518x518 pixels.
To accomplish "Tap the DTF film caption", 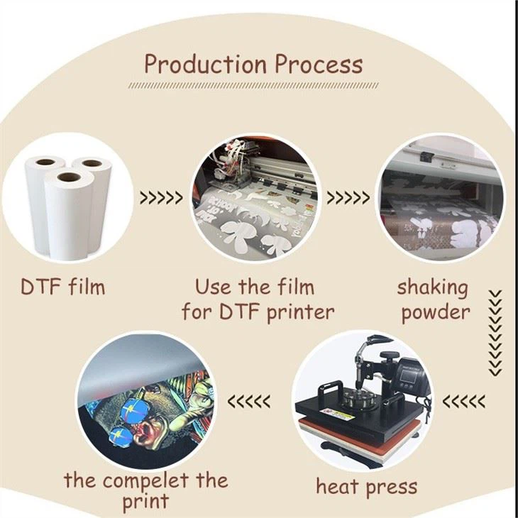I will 62,287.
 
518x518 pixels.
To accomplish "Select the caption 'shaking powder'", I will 432,299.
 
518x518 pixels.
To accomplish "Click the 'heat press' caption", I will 365,486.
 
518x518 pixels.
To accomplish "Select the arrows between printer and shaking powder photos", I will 346,197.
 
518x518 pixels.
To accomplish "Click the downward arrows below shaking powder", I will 495,331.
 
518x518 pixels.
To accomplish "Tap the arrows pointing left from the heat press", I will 463,402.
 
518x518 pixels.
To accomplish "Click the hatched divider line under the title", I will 253,86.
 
